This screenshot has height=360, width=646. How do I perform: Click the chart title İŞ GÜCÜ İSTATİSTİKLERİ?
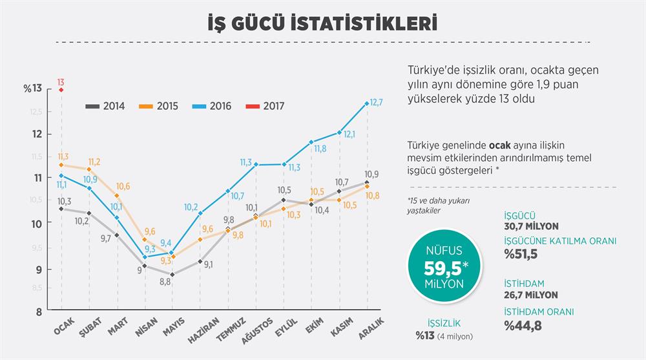tap(322, 24)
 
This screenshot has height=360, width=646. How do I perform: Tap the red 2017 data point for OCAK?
tap(61, 90)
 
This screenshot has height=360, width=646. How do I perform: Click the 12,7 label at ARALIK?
tap(377, 102)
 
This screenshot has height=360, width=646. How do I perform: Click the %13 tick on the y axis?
tap(32, 89)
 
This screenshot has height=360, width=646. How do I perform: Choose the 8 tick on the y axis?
tap(38, 311)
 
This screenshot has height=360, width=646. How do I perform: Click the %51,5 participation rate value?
tap(520, 254)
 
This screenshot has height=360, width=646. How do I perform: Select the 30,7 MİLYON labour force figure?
tap(530, 226)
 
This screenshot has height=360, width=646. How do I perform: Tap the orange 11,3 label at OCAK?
tap(63, 156)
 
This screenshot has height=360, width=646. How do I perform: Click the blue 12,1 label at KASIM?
tap(349, 134)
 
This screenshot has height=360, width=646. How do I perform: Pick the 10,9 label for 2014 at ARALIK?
tap(371, 175)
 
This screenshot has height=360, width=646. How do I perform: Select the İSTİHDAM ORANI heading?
tap(538, 312)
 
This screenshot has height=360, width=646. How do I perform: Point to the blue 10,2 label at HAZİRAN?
tap(191, 207)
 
